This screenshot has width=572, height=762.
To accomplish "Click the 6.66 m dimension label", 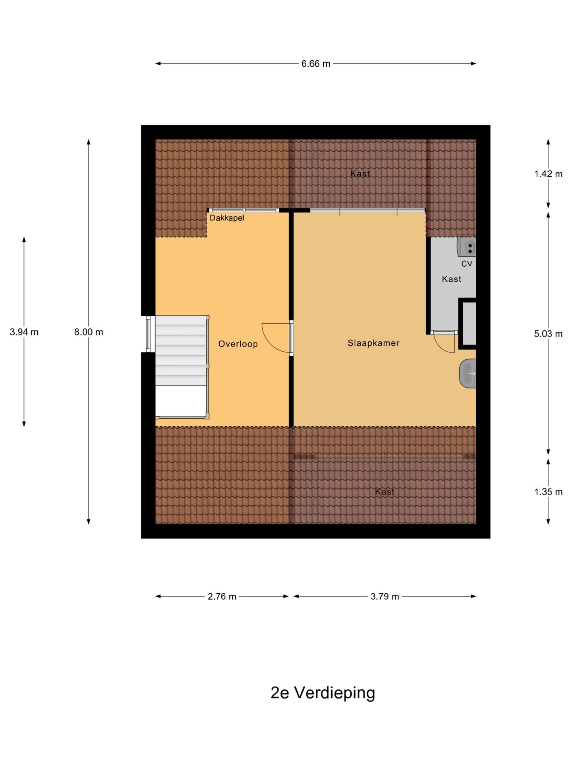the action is click(316, 63).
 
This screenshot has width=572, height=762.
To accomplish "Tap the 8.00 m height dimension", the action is click(89, 332).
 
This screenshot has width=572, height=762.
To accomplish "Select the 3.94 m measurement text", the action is click(24, 332).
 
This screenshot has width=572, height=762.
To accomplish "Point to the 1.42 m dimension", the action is click(548, 174).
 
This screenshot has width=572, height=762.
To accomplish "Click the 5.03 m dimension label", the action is click(548, 334).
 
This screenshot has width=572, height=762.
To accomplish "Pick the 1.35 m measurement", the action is click(548, 492).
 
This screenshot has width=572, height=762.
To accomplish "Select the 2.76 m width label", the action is click(222, 597).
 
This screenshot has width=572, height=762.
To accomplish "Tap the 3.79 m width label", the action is click(385, 597).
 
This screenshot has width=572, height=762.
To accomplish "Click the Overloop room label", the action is click(238, 344).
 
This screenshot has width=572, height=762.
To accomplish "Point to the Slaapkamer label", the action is click(373, 343).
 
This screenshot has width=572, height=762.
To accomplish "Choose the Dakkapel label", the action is click(227, 218).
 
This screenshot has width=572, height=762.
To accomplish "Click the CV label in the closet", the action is click(467, 264).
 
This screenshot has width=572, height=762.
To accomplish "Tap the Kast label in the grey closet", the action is click(452, 279).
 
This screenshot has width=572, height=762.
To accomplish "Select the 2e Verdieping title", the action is click(323, 693).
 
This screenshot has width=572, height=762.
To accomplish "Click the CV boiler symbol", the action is click(467, 247).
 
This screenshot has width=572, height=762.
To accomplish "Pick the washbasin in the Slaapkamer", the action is click(468, 373).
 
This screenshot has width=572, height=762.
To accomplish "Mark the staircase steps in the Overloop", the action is click(181, 350).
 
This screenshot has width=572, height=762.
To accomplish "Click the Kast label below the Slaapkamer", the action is click(385, 492).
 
